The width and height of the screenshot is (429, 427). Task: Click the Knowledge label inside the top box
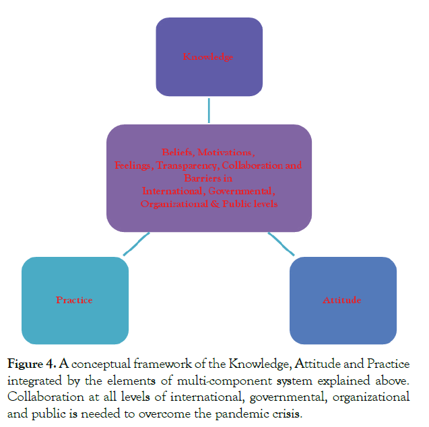[x=208, y=57]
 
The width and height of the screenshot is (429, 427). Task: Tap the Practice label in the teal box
[x=74, y=300]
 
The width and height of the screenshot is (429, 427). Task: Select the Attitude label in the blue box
[x=341, y=300]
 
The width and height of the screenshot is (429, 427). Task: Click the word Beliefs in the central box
[x=178, y=152]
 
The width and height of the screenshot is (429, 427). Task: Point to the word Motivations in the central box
[x=226, y=152]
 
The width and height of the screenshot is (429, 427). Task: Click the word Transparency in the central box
[x=187, y=165]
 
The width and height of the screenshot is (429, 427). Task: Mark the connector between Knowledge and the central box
[x=209, y=110]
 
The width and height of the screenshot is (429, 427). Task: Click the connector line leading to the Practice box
[x=137, y=243]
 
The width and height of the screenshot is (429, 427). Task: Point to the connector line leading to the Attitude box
[x=281, y=243]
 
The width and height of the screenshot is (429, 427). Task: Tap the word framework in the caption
[x=161, y=364]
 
